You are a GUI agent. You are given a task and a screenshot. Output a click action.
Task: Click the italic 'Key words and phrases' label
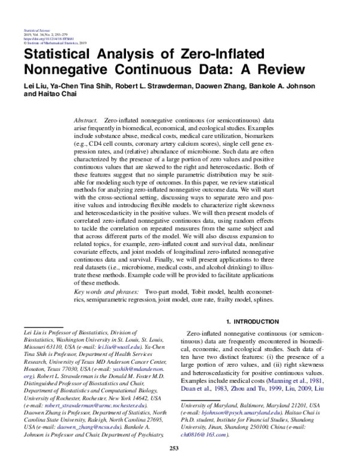coord(108,291)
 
